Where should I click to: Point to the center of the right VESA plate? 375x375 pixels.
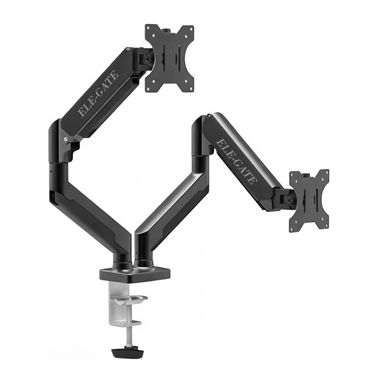click(x=309, y=200)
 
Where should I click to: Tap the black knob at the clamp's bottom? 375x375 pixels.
click(x=127, y=353)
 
